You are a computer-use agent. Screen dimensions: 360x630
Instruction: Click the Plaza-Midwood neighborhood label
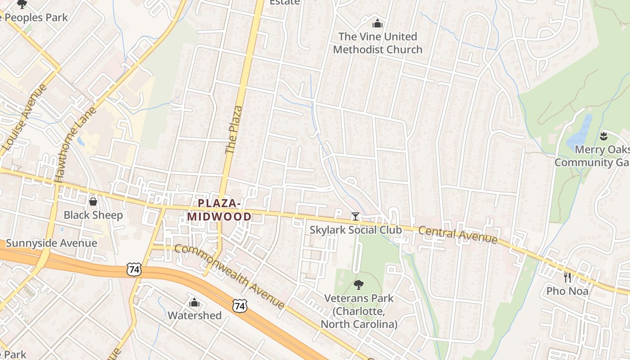point(220,210)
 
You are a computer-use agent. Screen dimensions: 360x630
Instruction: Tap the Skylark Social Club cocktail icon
point(355,216)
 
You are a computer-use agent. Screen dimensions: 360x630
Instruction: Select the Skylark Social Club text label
point(355,230)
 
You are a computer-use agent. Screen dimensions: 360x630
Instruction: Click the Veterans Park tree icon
point(358,284)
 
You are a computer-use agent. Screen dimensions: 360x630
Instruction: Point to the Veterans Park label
point(359,311)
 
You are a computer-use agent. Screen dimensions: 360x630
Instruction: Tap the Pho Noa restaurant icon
point(567,277)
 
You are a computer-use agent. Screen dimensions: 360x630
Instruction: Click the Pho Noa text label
point(567,291)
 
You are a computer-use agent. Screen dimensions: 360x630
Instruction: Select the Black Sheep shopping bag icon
point(93,202)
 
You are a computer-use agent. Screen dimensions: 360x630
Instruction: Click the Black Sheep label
point(93,215)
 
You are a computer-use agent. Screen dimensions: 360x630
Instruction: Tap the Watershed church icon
point(194,302)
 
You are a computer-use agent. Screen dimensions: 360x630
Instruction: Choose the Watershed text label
point(194,315)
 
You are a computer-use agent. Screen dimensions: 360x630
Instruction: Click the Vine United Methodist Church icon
point(378,23)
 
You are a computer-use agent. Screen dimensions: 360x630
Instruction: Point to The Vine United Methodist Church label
point(378,43)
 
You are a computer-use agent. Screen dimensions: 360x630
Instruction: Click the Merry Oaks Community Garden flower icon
point(603,135)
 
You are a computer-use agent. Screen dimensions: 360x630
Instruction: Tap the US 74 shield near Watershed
point(240,306)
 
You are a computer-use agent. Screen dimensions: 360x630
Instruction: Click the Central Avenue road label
point(458,234)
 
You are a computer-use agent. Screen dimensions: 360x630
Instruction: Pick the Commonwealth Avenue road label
point(229,276)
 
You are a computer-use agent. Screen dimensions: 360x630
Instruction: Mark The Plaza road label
point(234,130)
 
